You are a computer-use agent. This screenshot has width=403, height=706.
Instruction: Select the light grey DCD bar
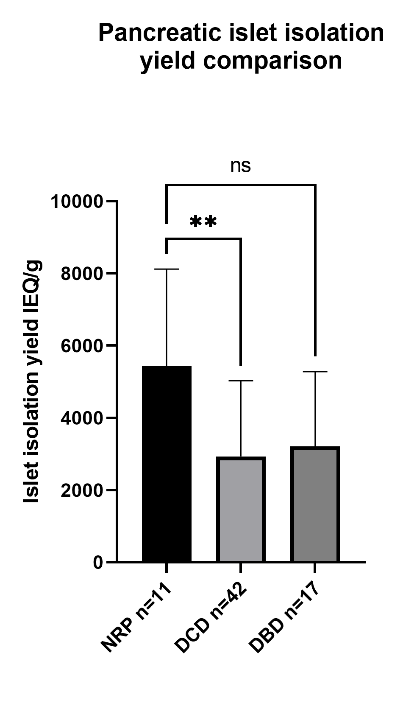pos(241,509)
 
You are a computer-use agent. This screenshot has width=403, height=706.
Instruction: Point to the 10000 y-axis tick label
pos(77,201)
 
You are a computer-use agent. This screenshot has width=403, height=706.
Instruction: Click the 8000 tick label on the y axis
pos(82,274)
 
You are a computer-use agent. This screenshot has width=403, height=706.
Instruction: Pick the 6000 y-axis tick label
pos(82,346)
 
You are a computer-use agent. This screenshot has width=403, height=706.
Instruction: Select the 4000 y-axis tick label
pos(82,418)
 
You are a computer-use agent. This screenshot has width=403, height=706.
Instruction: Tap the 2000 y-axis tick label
pos(82,490)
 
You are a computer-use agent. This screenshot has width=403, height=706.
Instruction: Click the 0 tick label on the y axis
pos(98,563)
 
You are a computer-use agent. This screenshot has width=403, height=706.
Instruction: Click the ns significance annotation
pos(241,166)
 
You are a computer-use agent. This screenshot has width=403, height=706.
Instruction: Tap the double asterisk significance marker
pos(203,221)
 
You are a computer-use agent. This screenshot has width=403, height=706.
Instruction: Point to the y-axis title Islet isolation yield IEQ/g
pos(32,382)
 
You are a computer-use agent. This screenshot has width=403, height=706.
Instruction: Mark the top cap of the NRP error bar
pos(167,269)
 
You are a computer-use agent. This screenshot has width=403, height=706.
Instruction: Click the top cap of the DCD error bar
pos(241,381)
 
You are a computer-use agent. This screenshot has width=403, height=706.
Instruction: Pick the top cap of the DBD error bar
pos(315,372)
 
